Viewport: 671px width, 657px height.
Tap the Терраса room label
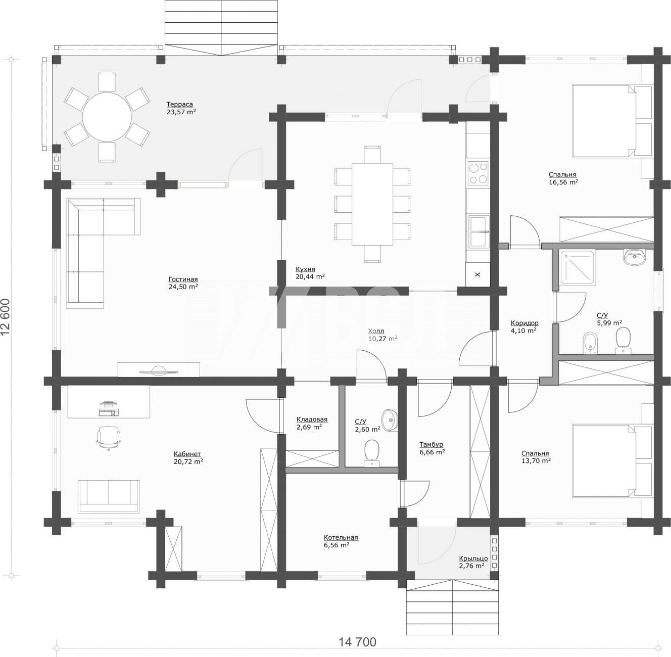pos(179,104)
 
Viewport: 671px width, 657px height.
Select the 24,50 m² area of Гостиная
pos(183,287)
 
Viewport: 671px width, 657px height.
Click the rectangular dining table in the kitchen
pos(372,204)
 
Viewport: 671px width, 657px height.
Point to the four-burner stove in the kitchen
pos(478,173)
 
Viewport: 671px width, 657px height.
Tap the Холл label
pos(376,331)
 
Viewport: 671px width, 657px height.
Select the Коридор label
pos(524,323)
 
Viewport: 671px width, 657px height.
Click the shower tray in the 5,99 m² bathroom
pos(577,268)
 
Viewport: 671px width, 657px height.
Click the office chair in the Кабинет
pos(109,437)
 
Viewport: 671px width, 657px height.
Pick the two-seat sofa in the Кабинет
pos(109,496)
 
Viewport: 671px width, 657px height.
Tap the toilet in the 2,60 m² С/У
pos(371,452)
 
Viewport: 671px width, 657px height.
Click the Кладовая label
pos(312,419)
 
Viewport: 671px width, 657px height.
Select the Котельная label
pos(341,538)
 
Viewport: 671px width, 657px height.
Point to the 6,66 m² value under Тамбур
pos(432,452)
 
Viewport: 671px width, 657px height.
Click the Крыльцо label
pos(473,558)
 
